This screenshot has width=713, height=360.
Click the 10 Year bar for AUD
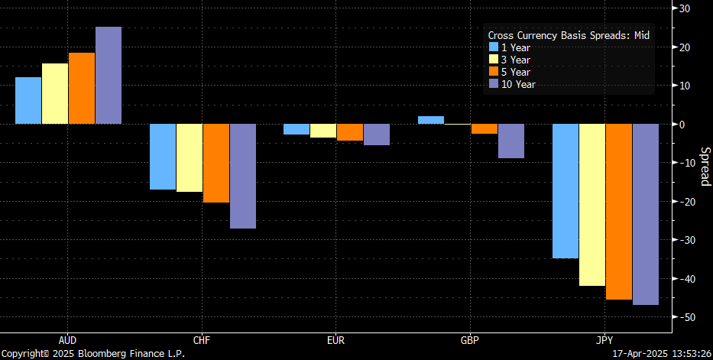(108, 75)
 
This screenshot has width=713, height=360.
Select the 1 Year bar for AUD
(28, 100)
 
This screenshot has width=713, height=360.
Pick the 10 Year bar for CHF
(243, 176)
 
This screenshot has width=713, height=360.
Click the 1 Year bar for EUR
(297, 129)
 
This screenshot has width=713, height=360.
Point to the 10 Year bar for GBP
(510, 141)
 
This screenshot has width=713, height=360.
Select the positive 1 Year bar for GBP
(430, 120)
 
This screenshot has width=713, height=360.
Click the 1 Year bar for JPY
(565, 191)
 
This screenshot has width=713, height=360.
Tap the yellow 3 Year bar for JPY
(591, 205)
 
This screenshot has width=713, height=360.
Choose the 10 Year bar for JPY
(645, 214)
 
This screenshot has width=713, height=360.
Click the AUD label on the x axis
(67, 339)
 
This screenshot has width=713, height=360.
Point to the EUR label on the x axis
(335, 339)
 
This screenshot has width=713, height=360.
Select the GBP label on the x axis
(470, 339)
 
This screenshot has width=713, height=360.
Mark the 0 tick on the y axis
(688, 125)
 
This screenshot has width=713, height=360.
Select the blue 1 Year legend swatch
(494, 47)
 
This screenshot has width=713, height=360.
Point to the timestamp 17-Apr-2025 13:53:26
(660, 354)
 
